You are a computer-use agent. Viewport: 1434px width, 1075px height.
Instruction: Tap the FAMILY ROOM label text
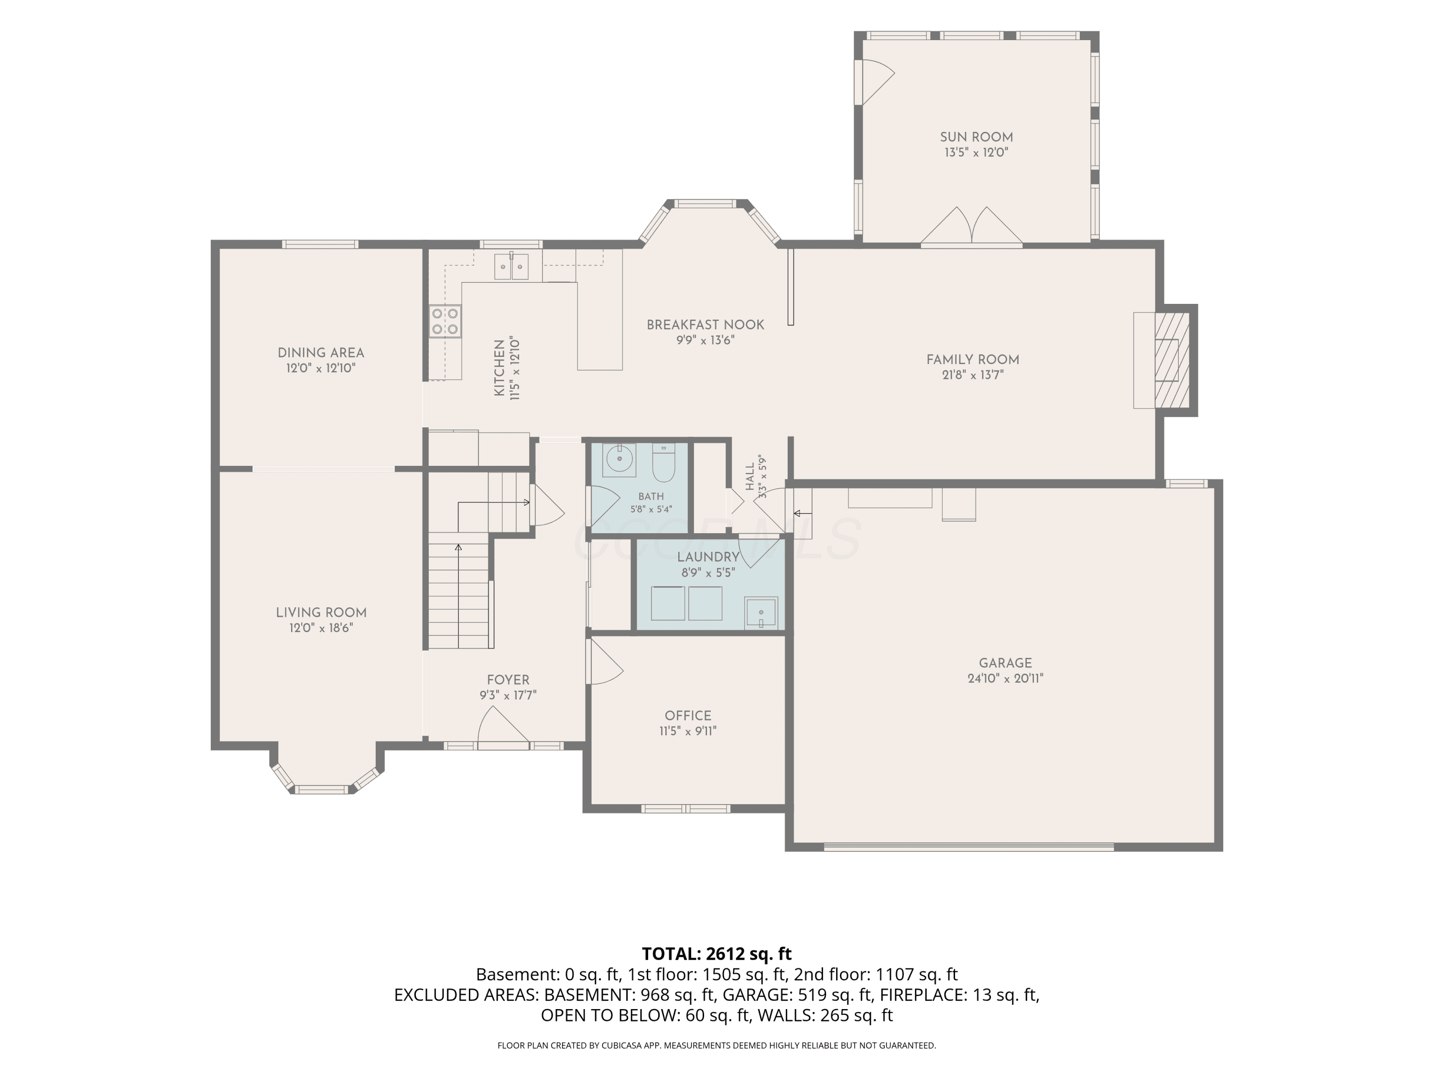point(972,360)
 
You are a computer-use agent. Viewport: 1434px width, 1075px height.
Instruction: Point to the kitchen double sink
point(511,266)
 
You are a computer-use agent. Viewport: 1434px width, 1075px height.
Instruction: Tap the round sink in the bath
point(619,460)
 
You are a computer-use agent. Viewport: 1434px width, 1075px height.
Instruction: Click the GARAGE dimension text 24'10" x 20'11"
point(1005,678)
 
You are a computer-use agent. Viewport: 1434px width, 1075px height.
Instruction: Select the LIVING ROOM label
point(321,613)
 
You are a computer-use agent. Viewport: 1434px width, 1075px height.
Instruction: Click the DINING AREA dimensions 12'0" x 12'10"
point(321,368)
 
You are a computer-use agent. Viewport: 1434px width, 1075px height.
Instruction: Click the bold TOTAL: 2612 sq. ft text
point(717,954)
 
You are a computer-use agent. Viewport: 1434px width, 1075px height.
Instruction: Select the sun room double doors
point(972,227)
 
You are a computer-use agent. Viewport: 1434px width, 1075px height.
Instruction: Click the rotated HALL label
point(750,476)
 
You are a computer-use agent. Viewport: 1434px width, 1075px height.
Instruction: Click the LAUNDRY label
point(708,557)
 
